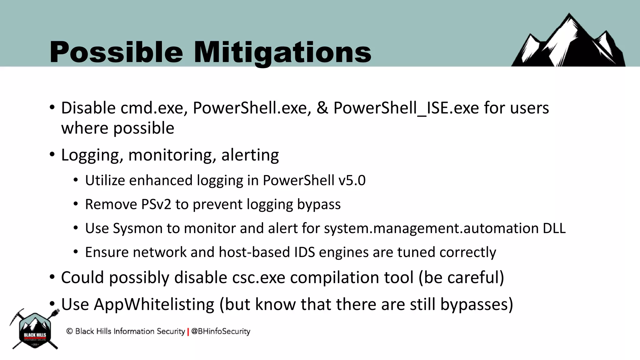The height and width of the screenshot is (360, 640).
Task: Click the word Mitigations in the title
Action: (x=282, y=52)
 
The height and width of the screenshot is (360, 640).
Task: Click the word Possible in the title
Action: (x=116, y=52)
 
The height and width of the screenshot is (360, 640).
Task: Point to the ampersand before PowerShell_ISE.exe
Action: (x=322, y=108)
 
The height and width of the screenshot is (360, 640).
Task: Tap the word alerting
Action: (x=250, y=155)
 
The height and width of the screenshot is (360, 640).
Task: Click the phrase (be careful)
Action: (x=461, y=277)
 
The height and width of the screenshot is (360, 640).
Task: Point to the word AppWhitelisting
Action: (x=154, y=304)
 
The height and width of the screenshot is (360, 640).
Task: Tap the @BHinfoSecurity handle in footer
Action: (x=221, y=331)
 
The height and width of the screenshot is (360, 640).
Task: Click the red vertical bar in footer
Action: (x=188, y=332)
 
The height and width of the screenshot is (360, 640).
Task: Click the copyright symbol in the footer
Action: (x=69, y=331)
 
